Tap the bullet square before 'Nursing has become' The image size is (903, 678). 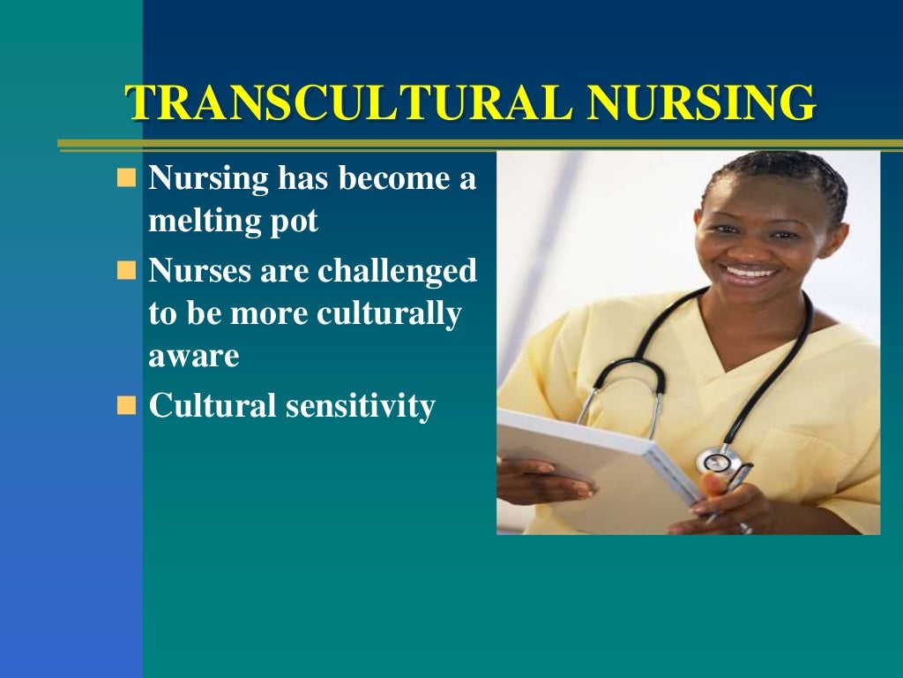click(127, 179)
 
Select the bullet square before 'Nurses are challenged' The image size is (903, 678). click(127, 269)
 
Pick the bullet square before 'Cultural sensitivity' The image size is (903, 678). click(127, 405)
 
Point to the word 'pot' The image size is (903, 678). click(295, 223)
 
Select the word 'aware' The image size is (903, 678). click(194, 358)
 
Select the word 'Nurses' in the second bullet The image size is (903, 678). click(200, 270)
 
